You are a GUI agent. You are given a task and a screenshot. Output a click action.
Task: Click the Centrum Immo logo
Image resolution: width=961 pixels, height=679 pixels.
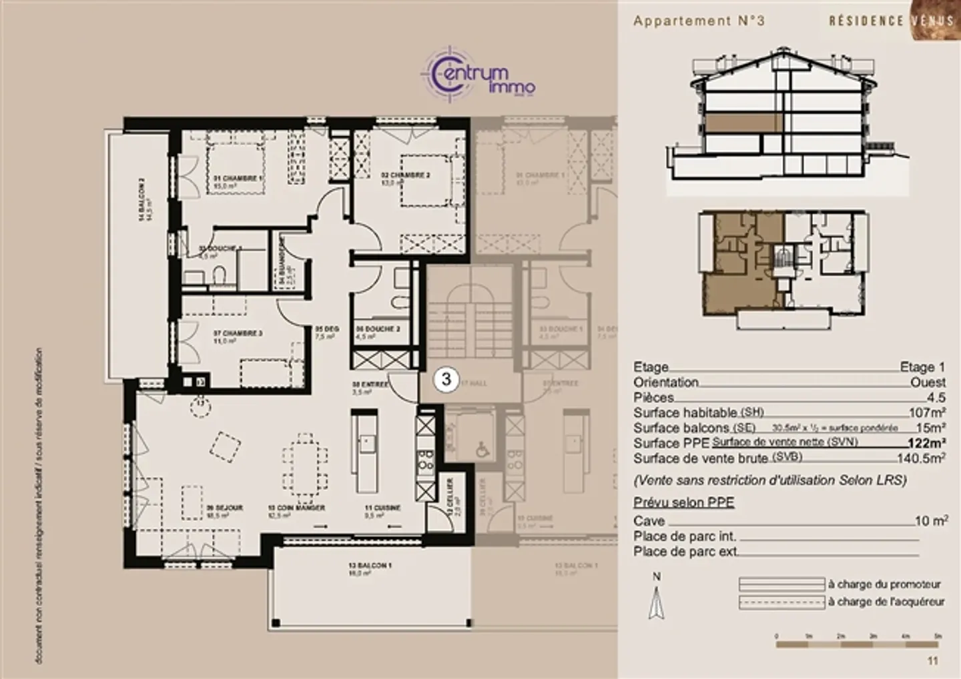pos(478,75)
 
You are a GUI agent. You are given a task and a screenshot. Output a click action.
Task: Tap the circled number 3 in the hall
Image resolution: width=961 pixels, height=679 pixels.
pos(446,379)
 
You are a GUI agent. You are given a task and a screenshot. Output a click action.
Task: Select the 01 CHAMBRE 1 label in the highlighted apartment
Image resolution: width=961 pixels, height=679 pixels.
pos(238,179)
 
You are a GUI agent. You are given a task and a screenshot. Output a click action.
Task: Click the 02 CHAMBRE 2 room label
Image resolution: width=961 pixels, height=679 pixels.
pos(405,175)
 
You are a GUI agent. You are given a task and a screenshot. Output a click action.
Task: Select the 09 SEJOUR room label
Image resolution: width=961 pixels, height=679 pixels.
pos(224,508)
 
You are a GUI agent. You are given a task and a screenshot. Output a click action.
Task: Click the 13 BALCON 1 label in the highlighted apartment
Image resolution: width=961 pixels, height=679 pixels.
pos(370,566)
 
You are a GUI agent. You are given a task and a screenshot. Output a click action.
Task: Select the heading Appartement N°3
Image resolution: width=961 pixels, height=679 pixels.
pos(699,21)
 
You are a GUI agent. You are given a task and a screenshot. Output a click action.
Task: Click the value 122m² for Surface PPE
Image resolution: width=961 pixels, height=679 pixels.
pos(926,443)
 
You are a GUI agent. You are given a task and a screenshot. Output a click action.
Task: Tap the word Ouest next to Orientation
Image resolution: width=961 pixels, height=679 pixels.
pos(928,382)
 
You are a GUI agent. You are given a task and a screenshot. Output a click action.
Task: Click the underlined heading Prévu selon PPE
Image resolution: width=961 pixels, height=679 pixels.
pos(683,502)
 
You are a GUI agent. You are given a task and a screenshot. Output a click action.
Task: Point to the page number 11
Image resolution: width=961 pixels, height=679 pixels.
pos(932,660)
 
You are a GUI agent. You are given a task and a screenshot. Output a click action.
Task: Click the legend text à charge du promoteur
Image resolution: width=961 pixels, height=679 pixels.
pos(884,584)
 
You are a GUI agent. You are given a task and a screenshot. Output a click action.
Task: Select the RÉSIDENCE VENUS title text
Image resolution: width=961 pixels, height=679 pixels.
pos(891,21)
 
